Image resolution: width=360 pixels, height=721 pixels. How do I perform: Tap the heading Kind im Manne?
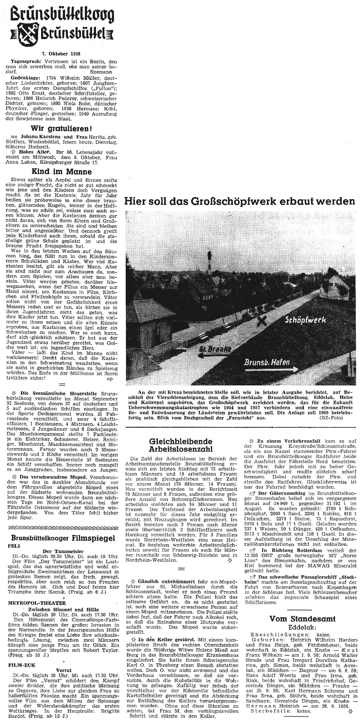pos(61,172)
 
